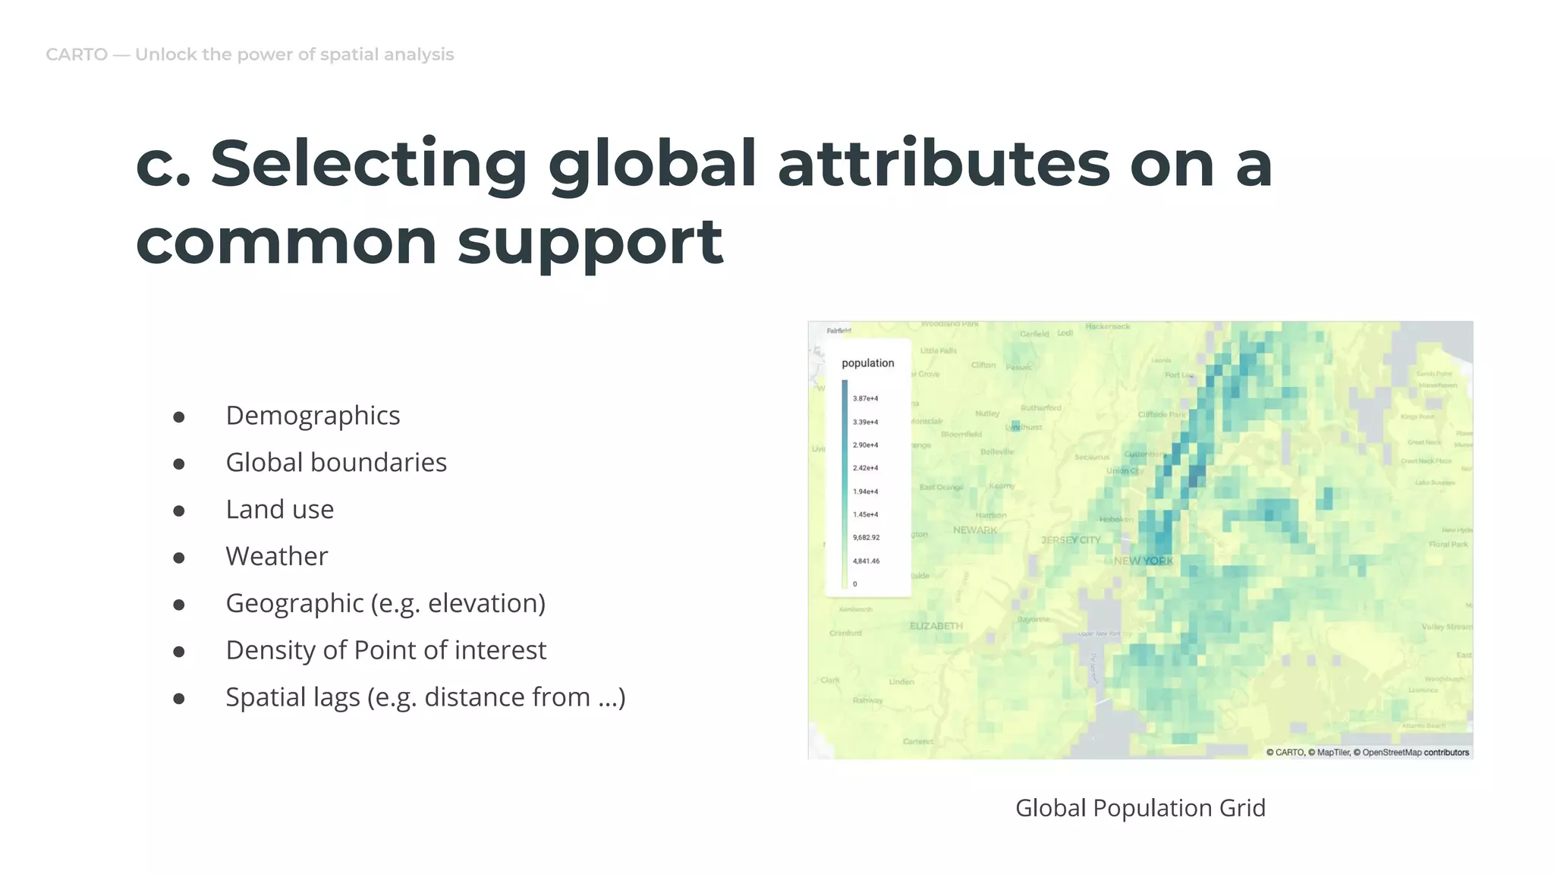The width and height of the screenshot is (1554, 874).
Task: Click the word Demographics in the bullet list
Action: (x=313, y=416)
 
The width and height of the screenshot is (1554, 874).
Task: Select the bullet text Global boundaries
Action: (x=336, y=463)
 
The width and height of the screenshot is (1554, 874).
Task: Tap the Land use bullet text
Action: (x=279, y=510)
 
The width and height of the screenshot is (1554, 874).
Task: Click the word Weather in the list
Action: (x=276, y=557)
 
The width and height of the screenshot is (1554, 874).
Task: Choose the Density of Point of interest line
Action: (x=385, y=651)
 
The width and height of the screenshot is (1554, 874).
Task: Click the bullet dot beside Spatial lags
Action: (x=179, y=699)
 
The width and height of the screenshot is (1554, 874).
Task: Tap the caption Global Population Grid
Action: (x=1140, y=808)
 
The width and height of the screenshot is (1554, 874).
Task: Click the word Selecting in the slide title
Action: (x=369, y=164)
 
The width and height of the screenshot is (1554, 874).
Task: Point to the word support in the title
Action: (x=590, y=243)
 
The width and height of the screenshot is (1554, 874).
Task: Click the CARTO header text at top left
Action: (x=77, y=55)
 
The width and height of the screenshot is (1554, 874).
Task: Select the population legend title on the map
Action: (x=867, y=363)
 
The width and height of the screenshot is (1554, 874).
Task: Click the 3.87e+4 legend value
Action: (x=865, y=398)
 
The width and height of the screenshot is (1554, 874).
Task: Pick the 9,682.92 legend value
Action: (x=866, y=538)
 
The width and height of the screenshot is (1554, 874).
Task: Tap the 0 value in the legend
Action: (x=854, y=584)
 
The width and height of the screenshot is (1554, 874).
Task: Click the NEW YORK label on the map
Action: (x=1143, y=561)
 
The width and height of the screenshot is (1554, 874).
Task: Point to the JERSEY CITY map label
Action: (x=1070, y=540)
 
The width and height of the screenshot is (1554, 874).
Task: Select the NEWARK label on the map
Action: (x=975, y=530)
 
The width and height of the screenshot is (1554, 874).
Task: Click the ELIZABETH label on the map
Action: (x=936, y=626)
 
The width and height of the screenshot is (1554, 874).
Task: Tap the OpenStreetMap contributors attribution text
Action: (x=1415, y=753)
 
